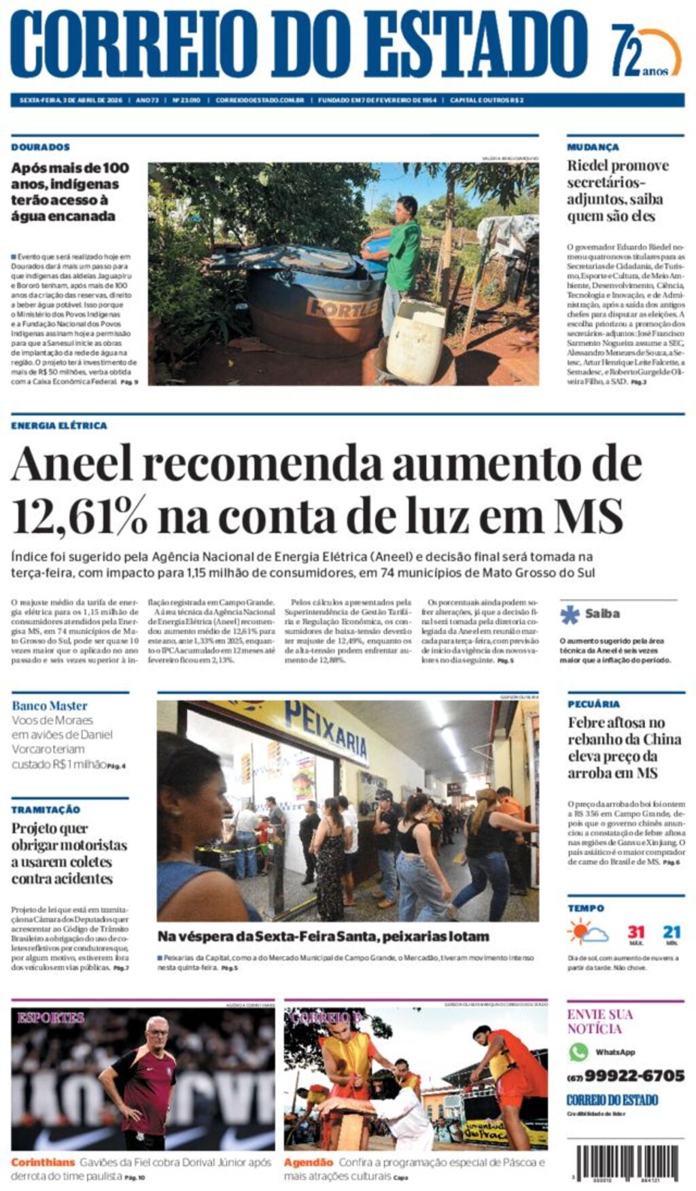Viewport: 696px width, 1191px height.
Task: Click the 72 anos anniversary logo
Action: pyautogui.click(x=645, y=51)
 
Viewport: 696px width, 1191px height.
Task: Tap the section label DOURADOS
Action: pyautogui.click(x=40, y=147)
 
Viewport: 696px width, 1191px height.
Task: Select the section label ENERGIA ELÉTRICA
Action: pyautogui.click(x=59, y=426)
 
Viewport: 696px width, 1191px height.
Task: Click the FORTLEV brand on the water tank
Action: pyautogui.click(x=343, y=307)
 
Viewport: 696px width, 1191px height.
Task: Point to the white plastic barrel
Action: pyautogui.click(x=415, y=342)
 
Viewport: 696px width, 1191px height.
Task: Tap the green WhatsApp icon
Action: pyautogui.click(x=578, y=1052)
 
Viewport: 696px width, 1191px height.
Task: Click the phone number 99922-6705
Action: pyautogui.click(x=634, y=1075)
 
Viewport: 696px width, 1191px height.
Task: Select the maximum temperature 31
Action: pyautogui.click(x=636, y=931)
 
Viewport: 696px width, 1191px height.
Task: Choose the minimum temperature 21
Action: pyautogui.click(x=672, y=931)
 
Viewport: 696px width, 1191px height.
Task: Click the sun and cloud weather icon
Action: pyautogui.click(x=587, y=931)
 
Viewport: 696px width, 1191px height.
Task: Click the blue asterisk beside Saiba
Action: pyautogui.click(x=570, y=614)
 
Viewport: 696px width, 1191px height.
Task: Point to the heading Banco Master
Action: pyautogui.click(x=50, y=706)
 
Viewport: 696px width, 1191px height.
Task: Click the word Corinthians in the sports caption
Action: pyautogui.click(x=43, y=1162)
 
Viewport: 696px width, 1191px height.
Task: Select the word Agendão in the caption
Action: pyautogui.click(x=309, y=1162)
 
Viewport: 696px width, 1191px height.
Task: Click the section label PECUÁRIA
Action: pyautogui.click(x=594, y=704)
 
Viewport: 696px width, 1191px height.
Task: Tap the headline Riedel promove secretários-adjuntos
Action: pyautogui.click(x=618, y=191)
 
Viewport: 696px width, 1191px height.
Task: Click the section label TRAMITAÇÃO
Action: pyautogui.click(x=46, y=810)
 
